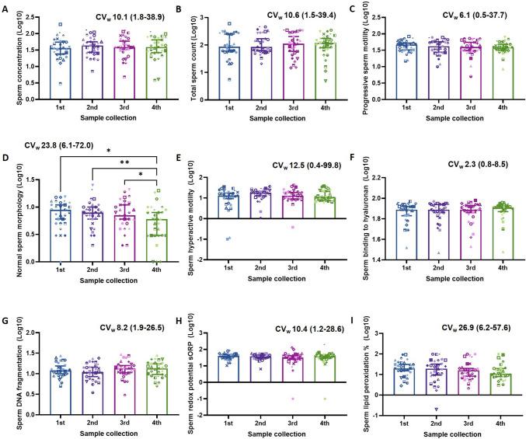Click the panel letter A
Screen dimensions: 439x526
pyautogui.click(x=5, y=9)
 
